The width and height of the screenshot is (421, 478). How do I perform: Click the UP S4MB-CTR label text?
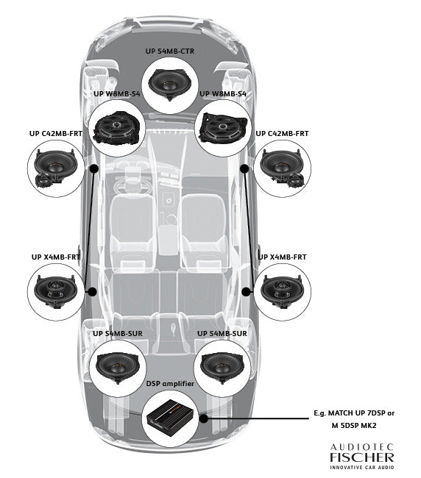pos(171,51)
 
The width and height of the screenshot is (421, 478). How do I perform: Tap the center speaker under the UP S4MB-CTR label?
pos(171,82)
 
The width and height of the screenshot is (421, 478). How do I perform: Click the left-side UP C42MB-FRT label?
pos(55,134)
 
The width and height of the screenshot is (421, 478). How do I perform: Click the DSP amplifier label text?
pos(171,385)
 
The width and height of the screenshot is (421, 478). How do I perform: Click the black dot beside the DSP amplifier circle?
pos(202,419)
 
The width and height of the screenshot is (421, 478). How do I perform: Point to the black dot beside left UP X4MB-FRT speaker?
pos(92,291)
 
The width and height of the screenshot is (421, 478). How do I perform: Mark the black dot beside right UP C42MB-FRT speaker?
pos(244,168)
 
